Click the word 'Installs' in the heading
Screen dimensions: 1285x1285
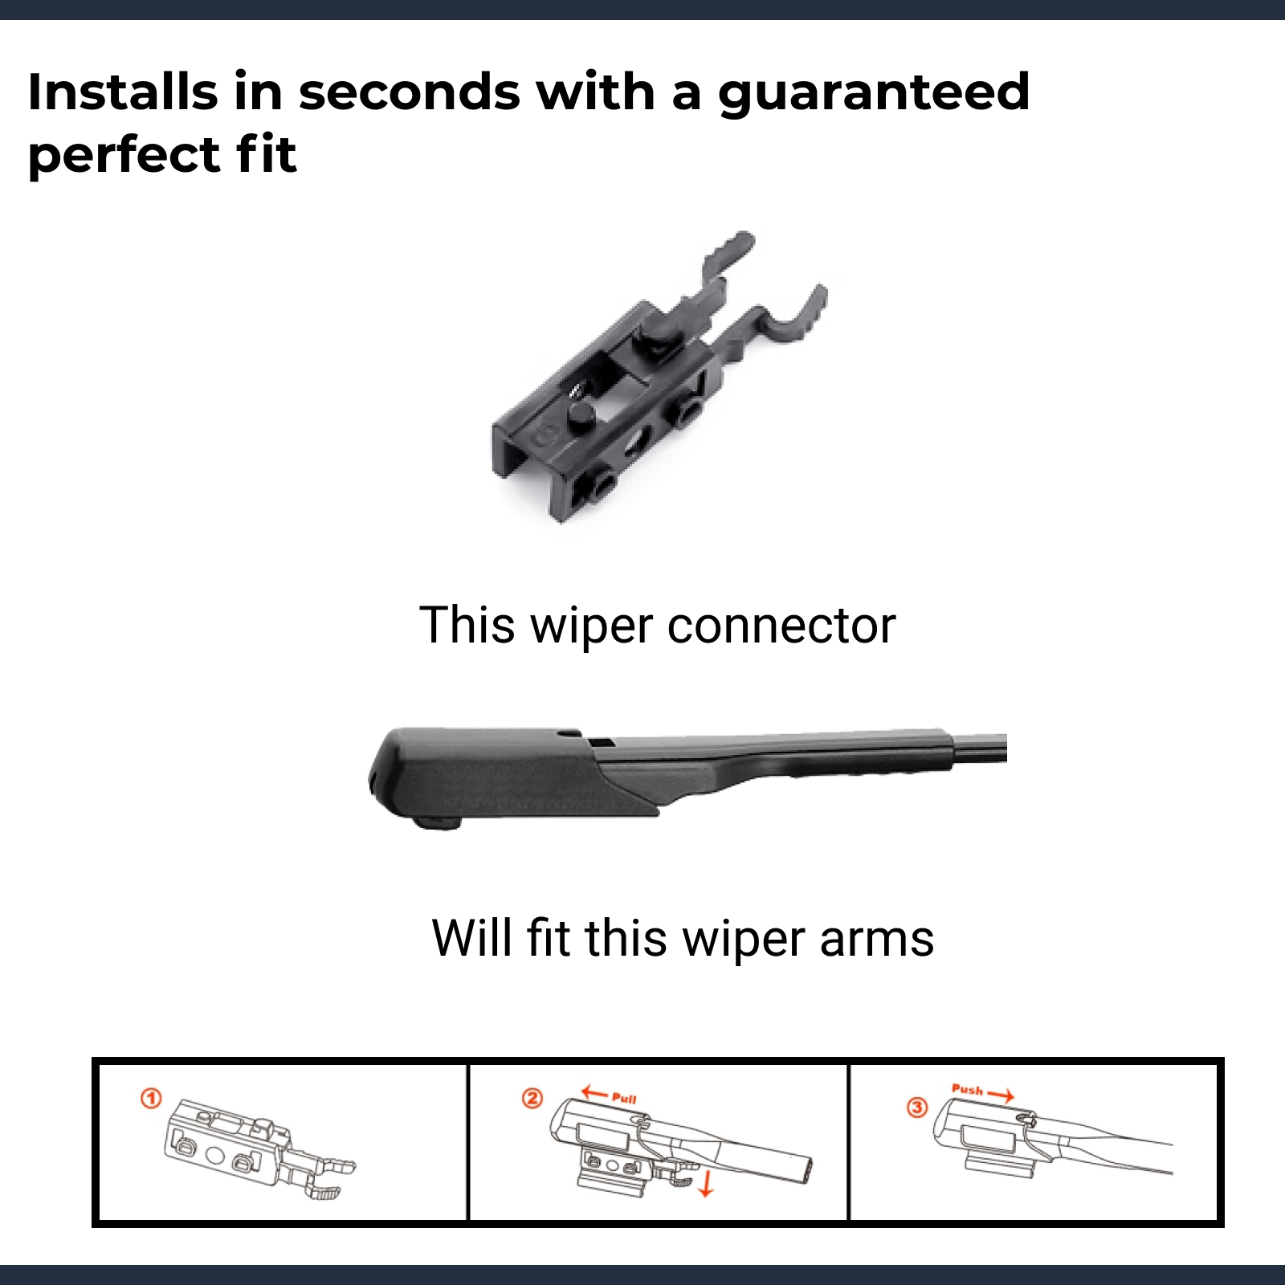[123, 91]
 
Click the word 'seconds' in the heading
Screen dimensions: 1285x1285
[410, 92]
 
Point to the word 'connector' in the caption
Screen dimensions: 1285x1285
[781, 626]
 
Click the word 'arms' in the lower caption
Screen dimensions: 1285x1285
[877, 940]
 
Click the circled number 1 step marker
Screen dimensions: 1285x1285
[151, 1098]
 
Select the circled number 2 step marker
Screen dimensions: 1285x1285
[532, 1098]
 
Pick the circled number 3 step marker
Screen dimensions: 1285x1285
[917, 1108]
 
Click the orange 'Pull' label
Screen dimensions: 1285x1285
[624, 1099]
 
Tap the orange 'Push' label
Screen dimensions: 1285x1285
[967, 1090]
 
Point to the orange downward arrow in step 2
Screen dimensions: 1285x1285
[706, 1183]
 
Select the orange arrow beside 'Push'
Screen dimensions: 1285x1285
[1001, 1095]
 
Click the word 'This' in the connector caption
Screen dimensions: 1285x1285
[467, 625]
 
